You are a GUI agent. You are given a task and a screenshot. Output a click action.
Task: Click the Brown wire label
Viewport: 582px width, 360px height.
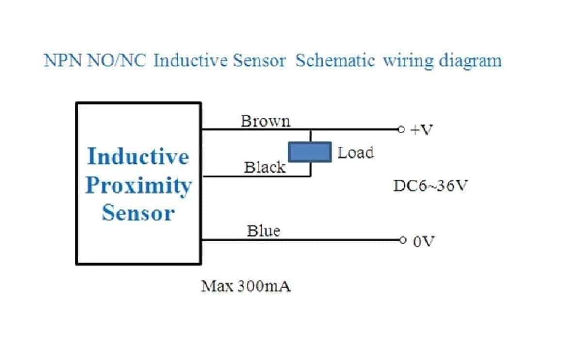tap(265, 121)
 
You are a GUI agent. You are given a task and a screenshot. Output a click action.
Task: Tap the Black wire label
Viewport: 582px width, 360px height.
tap(265, 168)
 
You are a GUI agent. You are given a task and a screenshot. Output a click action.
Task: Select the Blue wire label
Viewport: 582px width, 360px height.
tap(263, 231)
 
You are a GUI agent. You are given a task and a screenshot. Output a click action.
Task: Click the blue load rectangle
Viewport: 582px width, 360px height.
tap(310, 151)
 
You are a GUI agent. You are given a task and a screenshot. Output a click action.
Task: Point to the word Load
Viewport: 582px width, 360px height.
tap(356, 153)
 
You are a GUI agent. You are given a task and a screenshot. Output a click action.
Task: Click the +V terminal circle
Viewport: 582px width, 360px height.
tap(401, 130)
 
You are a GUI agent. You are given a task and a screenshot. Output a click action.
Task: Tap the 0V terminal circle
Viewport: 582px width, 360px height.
tap(401, 240)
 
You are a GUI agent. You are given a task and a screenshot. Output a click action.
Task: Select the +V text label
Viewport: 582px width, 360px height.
tap(420, 131)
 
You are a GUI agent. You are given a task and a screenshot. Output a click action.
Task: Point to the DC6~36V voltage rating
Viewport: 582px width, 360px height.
tap(430, 186)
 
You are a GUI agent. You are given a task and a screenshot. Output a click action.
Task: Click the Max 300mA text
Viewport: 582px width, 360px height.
tap(246, 287)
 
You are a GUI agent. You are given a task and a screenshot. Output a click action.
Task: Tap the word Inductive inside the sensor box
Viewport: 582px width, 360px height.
tap(138, 157)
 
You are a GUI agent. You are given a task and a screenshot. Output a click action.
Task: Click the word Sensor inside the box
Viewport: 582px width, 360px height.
tap(138, 213)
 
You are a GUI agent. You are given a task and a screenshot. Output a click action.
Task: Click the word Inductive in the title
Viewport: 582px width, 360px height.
tap(187, 62)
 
